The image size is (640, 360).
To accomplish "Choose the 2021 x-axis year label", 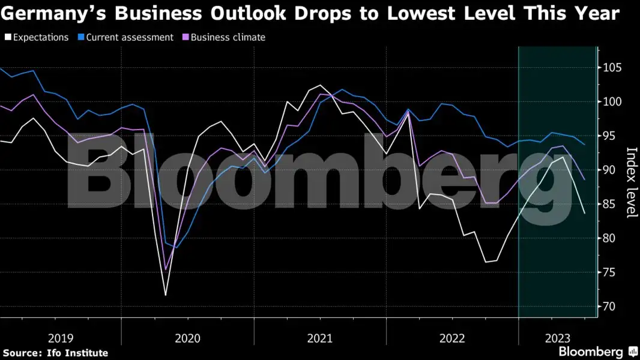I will [x=319, y=338].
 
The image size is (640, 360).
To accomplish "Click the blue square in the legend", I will [x=81, y=37].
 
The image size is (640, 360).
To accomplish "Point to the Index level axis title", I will [x=631, y=182].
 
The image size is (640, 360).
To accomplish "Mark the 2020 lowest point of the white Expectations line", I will [x=166, y=295].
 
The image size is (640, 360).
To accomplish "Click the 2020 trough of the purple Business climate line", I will [x=166, y=269].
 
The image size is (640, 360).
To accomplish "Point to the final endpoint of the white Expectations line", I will [x=585, y=213].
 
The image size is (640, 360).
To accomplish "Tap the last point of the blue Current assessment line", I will [x=585, y=145].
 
